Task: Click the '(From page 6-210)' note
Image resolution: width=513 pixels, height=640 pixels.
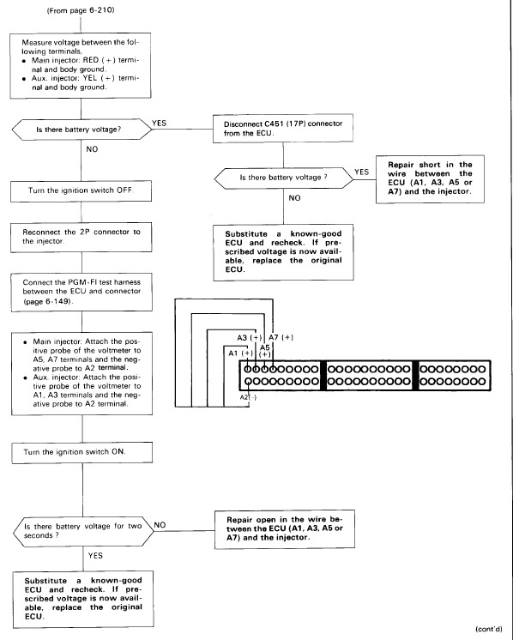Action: [x=81, y=10]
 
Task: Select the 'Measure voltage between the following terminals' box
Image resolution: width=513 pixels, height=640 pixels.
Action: [x=81, y=66]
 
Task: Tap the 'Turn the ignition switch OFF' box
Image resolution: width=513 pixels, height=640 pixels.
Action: [x=81, y=191]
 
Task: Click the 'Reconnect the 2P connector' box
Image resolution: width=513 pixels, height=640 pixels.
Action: [x=81, y=237]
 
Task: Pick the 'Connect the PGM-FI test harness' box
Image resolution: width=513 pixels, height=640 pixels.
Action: [x=81, y=293]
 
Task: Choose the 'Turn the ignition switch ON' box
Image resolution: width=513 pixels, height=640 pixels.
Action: [x=82, y=452]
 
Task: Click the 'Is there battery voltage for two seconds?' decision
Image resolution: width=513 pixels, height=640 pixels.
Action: [x=83, y=531]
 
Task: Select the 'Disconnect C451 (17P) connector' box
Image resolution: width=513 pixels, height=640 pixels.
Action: [x=283, y=128]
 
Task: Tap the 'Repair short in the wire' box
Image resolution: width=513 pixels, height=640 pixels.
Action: [x=430, y=178]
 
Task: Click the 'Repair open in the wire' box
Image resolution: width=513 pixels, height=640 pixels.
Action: [x=285, y=529]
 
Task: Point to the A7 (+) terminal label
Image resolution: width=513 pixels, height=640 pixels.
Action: [x=281, y=337]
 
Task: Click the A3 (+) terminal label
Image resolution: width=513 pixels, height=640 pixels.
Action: [x=249, y=337]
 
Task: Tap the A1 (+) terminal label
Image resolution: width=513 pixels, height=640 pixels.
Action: [x=240, y=353]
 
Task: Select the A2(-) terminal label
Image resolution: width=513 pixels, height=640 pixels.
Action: [x=248, y=397]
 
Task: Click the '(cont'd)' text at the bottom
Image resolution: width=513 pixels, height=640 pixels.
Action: [x=488, y=629]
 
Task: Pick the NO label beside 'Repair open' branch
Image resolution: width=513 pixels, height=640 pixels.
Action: [x=160, y=525]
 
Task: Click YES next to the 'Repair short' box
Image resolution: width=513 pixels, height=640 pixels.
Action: [x=362, y=172]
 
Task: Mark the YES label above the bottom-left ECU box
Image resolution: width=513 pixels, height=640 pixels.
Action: [x=95, y=556]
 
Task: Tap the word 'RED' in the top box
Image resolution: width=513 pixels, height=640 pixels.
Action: [x=91, y=60]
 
